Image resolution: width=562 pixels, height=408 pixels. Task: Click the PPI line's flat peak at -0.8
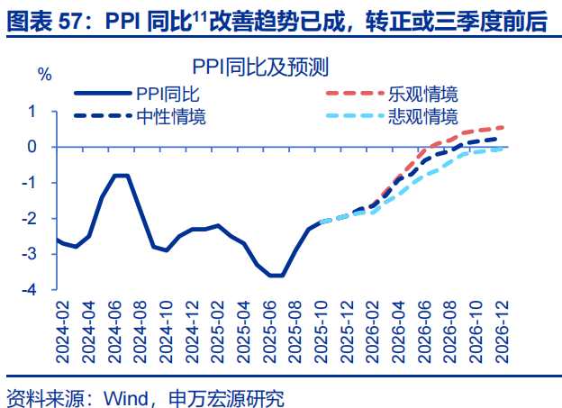(122, 175)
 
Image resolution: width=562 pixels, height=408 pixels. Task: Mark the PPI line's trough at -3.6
(276, 276)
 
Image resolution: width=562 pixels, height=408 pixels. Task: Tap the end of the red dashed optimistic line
(501, 127)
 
